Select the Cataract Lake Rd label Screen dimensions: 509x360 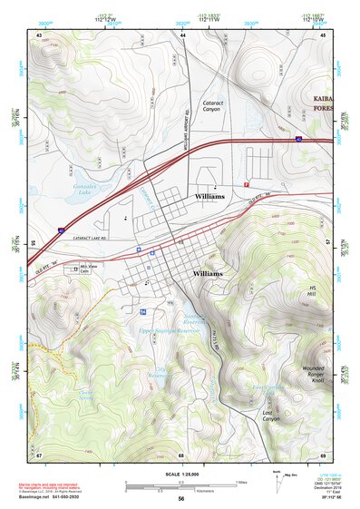(x=73, y=239)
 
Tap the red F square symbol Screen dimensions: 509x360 (x=246, y=184)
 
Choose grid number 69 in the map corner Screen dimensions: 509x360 (x=324, y=455)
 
